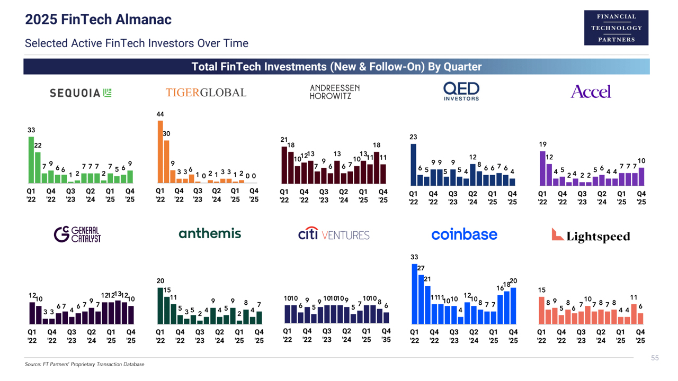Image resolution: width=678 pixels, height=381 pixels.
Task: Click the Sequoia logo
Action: [81, 93]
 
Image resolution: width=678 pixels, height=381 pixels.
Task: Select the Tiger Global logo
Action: [206, 93]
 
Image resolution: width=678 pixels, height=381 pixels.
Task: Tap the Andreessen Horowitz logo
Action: [334, 92]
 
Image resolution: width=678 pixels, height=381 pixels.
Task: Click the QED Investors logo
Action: [461, 91]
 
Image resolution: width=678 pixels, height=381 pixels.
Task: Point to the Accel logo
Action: [591, 92]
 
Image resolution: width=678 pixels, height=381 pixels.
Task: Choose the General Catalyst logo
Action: [77, 234]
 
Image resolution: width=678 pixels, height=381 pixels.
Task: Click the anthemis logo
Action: [210, 234]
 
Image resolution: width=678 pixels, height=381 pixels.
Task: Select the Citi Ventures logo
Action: [334, 234]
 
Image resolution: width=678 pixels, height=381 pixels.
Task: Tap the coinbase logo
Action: [464, 234]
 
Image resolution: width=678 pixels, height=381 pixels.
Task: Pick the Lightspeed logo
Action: [591, 235]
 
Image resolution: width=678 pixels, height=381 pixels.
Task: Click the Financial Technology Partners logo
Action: [616, 28]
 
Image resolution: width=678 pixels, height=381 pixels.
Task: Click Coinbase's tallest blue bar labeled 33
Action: [415, 294]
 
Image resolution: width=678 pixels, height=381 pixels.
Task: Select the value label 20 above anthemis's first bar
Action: [160, 280]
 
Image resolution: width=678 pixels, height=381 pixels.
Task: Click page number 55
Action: [655, 358]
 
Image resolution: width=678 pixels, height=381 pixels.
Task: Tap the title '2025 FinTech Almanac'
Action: [99, 20]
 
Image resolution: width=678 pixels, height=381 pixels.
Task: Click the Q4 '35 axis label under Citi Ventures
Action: [386, 335]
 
